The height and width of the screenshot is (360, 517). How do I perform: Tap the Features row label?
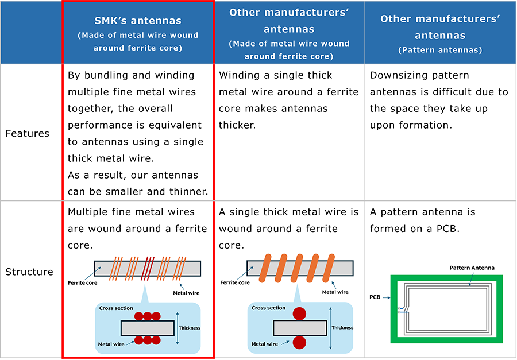tap(28, 134)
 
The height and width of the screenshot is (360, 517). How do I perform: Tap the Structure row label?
tap(29, 272)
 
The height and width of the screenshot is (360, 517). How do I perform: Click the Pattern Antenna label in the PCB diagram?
tap(472, 268)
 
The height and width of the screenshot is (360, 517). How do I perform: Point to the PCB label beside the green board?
tap(375, 297)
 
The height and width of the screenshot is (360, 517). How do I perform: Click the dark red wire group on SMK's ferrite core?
tap(148, 268)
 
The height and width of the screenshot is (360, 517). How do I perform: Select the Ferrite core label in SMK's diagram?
tap(82, 283)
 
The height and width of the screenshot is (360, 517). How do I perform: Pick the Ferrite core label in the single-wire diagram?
tap(235, 282)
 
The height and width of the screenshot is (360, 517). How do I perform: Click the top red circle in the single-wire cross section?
tap(299, 313)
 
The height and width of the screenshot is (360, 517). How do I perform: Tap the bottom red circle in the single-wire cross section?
tap(299, 343)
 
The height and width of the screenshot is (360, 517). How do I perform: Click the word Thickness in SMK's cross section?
tap(190, 328)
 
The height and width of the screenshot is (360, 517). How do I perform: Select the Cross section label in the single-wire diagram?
tap(268, 308)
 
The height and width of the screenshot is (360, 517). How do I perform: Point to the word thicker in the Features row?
tap(237, 125)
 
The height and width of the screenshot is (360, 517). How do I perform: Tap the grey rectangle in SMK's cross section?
tap(148, 328)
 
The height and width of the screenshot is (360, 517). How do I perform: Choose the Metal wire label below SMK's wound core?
tap(186, 293)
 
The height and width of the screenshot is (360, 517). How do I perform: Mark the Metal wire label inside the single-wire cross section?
tap(264, 344)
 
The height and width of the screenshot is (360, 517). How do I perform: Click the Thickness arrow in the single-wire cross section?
tap(330, 328)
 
